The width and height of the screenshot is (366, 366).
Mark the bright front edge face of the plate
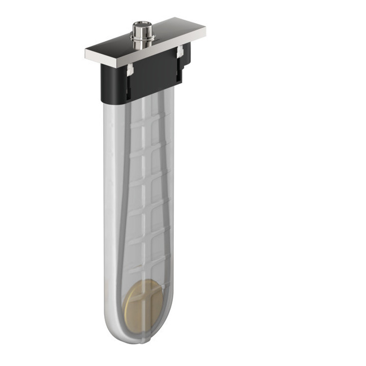click(147, 53)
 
